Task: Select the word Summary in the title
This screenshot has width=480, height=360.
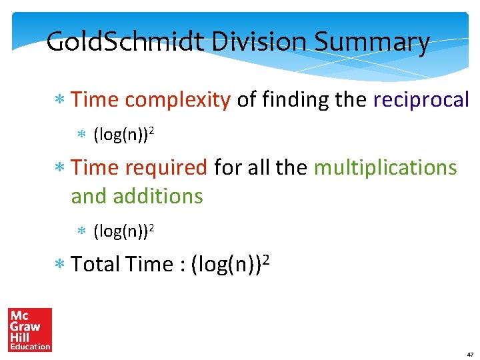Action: (372, 43)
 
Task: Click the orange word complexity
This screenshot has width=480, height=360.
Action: (177, 100)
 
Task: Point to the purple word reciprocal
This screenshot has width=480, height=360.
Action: (421, 100)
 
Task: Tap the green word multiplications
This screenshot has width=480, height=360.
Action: (385, 167)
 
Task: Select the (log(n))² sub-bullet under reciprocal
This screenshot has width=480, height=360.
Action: (125, 135)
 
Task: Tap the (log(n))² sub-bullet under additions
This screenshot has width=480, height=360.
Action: (125, 231)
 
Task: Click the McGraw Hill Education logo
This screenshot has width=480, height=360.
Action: (30, 329)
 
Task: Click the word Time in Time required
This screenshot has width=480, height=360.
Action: (93, 167)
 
